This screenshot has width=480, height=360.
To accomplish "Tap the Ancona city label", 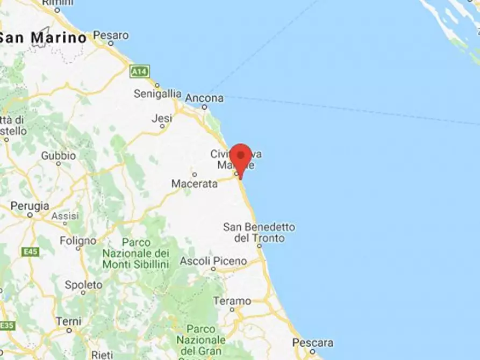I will click(x=204, y=98).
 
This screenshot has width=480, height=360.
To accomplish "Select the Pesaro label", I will click(x=111, y=35).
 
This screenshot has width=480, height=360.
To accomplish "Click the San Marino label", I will click(x=43, y=38).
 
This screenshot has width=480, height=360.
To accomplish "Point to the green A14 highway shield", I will click(x=139, y=71).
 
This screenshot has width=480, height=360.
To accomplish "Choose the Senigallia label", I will click(x=157, y=93).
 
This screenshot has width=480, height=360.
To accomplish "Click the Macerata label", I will click(x=195, y=184).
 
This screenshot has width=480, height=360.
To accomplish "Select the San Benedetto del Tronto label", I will click(x=259, y=233).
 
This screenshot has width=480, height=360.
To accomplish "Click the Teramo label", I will click(x=232, y=301).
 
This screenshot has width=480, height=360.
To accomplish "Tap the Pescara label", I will click(x=313, y=342).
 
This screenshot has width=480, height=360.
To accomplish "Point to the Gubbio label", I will click(x=59, y=156).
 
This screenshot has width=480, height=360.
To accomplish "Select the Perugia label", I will click(x=30, y=206).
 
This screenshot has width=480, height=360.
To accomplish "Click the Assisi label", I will click(x=65, y=216).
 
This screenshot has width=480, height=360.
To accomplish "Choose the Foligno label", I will click(x=78, y=240).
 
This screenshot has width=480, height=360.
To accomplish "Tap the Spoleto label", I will click(x=83, y=285).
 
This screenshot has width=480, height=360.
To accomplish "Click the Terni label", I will click(x=68, y=321).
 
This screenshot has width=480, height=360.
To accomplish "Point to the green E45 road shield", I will click(x=30, y=251).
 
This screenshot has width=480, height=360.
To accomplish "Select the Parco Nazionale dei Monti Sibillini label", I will click(x=135, y=253).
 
